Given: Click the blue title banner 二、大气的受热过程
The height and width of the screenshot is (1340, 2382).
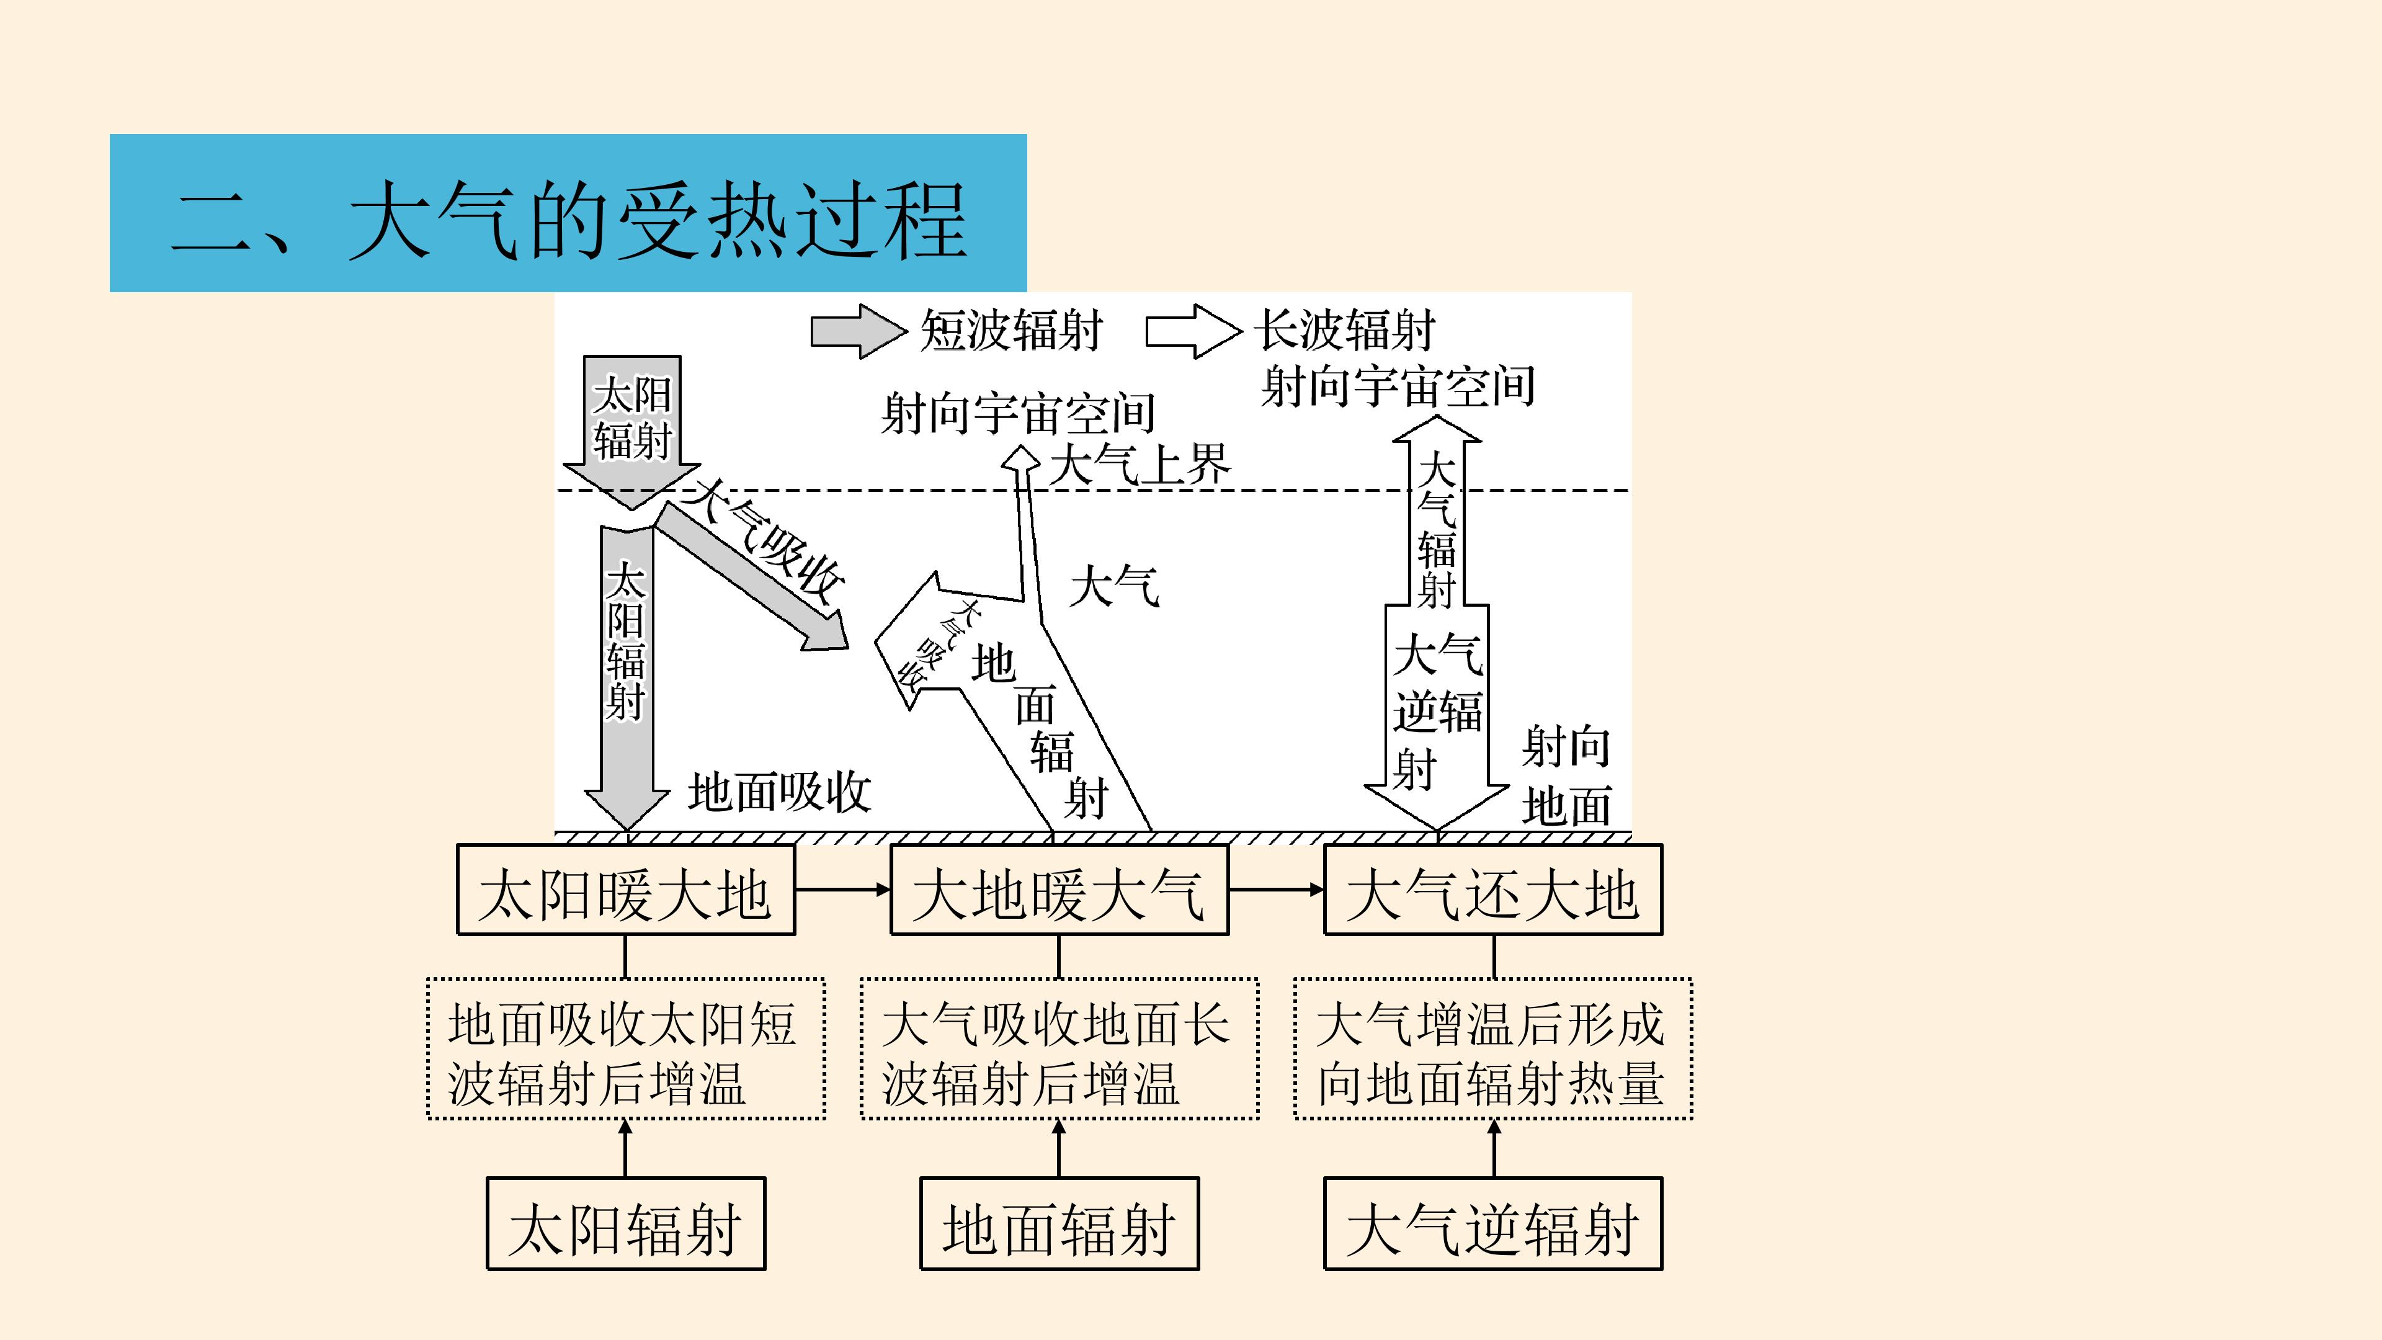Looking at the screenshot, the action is click(568, 213).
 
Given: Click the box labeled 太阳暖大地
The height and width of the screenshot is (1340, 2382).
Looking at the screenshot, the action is click(626, 890).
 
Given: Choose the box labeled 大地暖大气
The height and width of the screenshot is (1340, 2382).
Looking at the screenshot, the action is click(1059, 890).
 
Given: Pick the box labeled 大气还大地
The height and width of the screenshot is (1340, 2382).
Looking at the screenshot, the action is click(1493, 890).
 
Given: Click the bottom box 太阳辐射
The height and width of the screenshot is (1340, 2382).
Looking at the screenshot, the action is click(626, 1223).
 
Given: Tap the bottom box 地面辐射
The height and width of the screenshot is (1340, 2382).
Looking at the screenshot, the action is click(1059, 1223).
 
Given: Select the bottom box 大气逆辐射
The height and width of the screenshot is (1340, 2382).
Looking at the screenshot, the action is click(1493, 1223).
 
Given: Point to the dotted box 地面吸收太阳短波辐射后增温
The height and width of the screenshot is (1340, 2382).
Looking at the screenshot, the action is click(626, 1048).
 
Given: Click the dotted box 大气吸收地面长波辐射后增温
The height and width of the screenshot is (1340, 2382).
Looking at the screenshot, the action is click(1059, 1048).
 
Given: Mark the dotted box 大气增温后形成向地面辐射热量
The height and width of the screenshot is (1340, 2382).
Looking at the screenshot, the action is click(1493, 1048).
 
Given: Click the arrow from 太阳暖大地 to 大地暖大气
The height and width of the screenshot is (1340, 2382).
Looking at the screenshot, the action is click(842, 890).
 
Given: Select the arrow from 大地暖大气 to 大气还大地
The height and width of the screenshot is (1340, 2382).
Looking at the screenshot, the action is click(1276, 890).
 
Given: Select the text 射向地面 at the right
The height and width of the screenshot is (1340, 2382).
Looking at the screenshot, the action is click(1566, 775).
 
